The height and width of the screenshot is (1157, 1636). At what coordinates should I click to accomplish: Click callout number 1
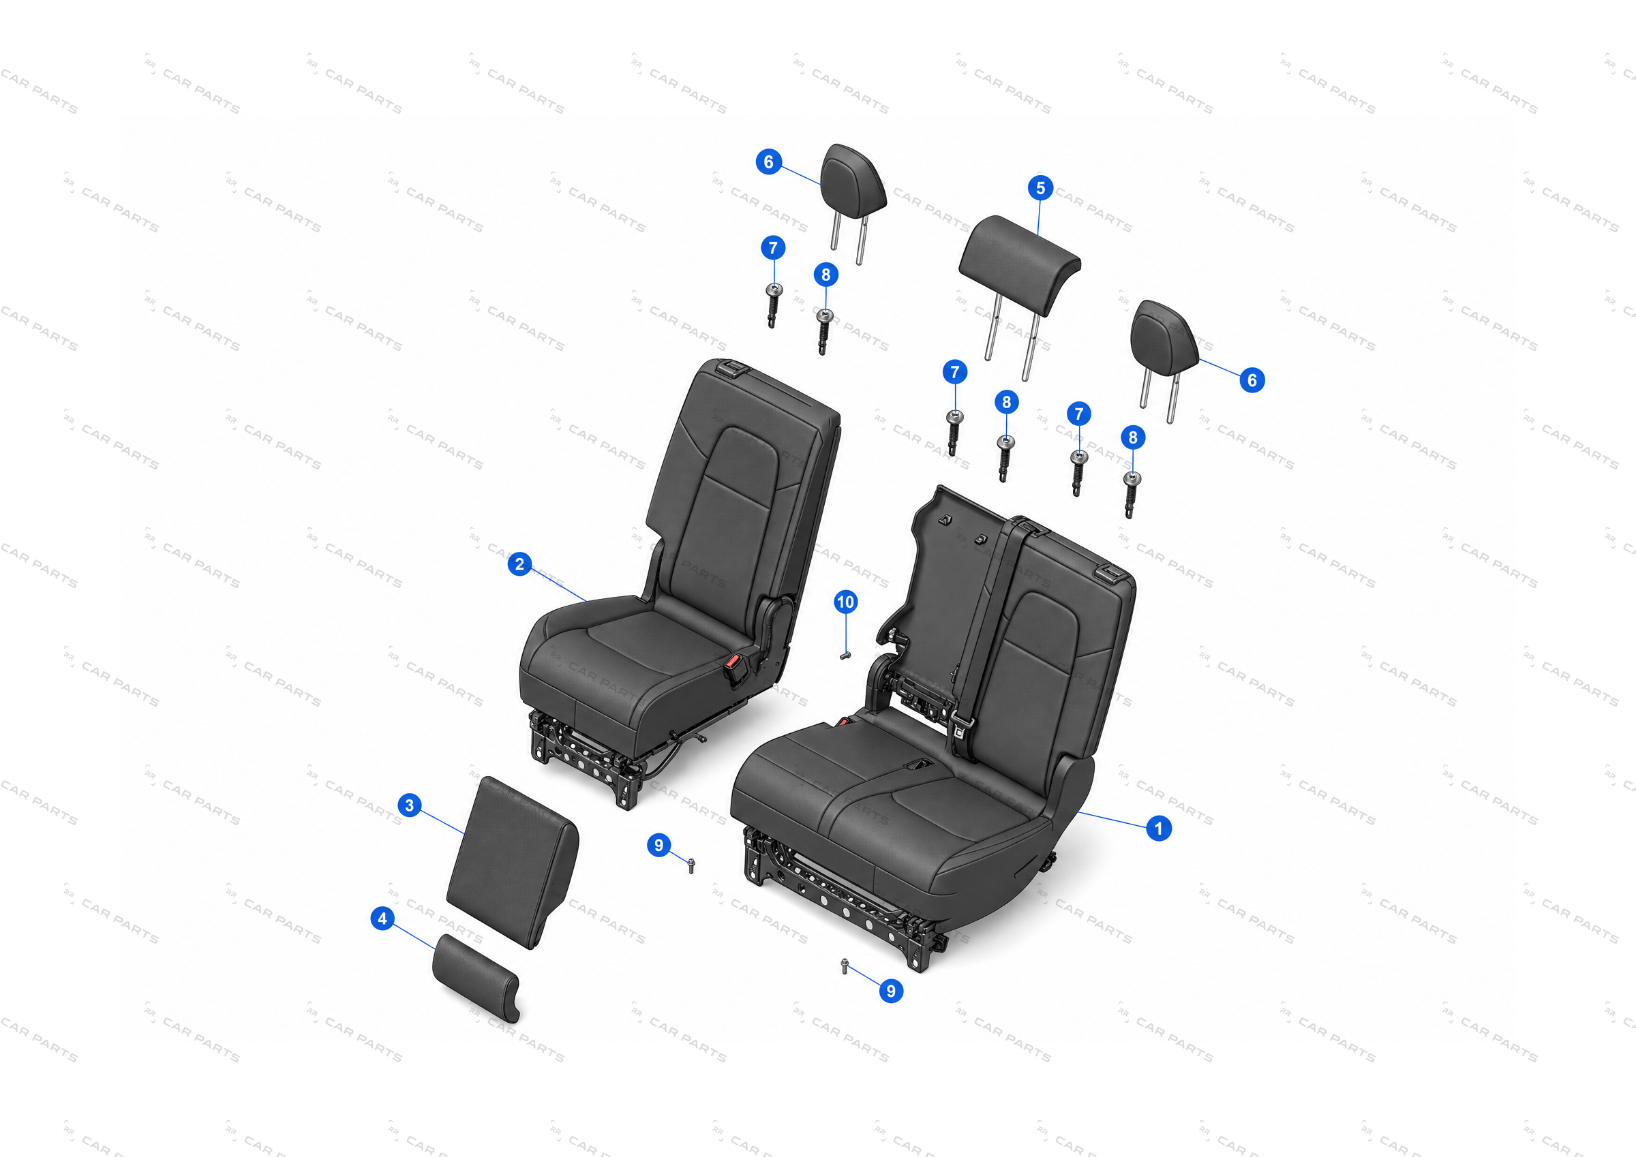click(1159, 828)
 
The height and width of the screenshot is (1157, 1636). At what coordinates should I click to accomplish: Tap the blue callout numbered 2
click(519, 564)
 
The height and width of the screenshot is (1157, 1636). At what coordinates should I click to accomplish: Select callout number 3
click(409, 805)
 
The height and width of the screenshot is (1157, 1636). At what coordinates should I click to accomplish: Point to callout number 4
click(382, 919)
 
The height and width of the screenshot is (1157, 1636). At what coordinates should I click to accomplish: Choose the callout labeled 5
click(1040, 188)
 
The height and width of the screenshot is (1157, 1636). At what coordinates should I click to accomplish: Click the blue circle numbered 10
click(845, 602)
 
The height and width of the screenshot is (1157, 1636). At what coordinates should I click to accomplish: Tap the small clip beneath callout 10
click(845, 655)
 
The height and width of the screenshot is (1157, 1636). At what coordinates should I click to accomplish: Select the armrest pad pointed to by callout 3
click(513, 862)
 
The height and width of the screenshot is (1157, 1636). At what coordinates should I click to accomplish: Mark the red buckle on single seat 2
click(733, 668)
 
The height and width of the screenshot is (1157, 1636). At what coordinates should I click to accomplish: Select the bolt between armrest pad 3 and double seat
click(691, 865)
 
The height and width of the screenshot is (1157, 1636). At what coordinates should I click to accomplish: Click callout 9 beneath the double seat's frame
click(891, 990)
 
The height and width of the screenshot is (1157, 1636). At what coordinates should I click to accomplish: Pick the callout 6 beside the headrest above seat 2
click(768, 161)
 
